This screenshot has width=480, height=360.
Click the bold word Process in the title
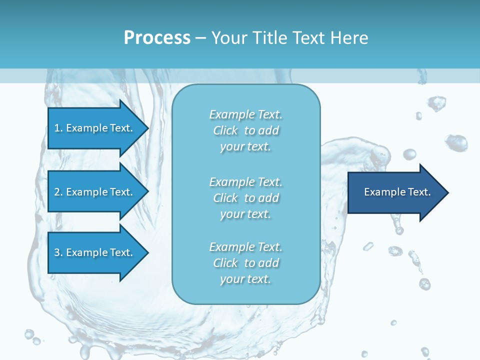(x=157, y=38)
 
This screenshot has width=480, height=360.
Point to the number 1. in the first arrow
(x=58, y=128)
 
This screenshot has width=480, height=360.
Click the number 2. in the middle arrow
(x=58, y=192)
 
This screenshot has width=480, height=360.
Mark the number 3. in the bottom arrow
(x=58, y=252)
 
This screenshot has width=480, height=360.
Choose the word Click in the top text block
(x=225, y=131)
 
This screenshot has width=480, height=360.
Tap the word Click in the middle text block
(x=225, y=198)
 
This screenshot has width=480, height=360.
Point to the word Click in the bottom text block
(x=225, y=263)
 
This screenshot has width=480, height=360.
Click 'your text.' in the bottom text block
(x=245, y=279)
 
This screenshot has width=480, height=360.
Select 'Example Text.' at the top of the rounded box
(x=245, y=114)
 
